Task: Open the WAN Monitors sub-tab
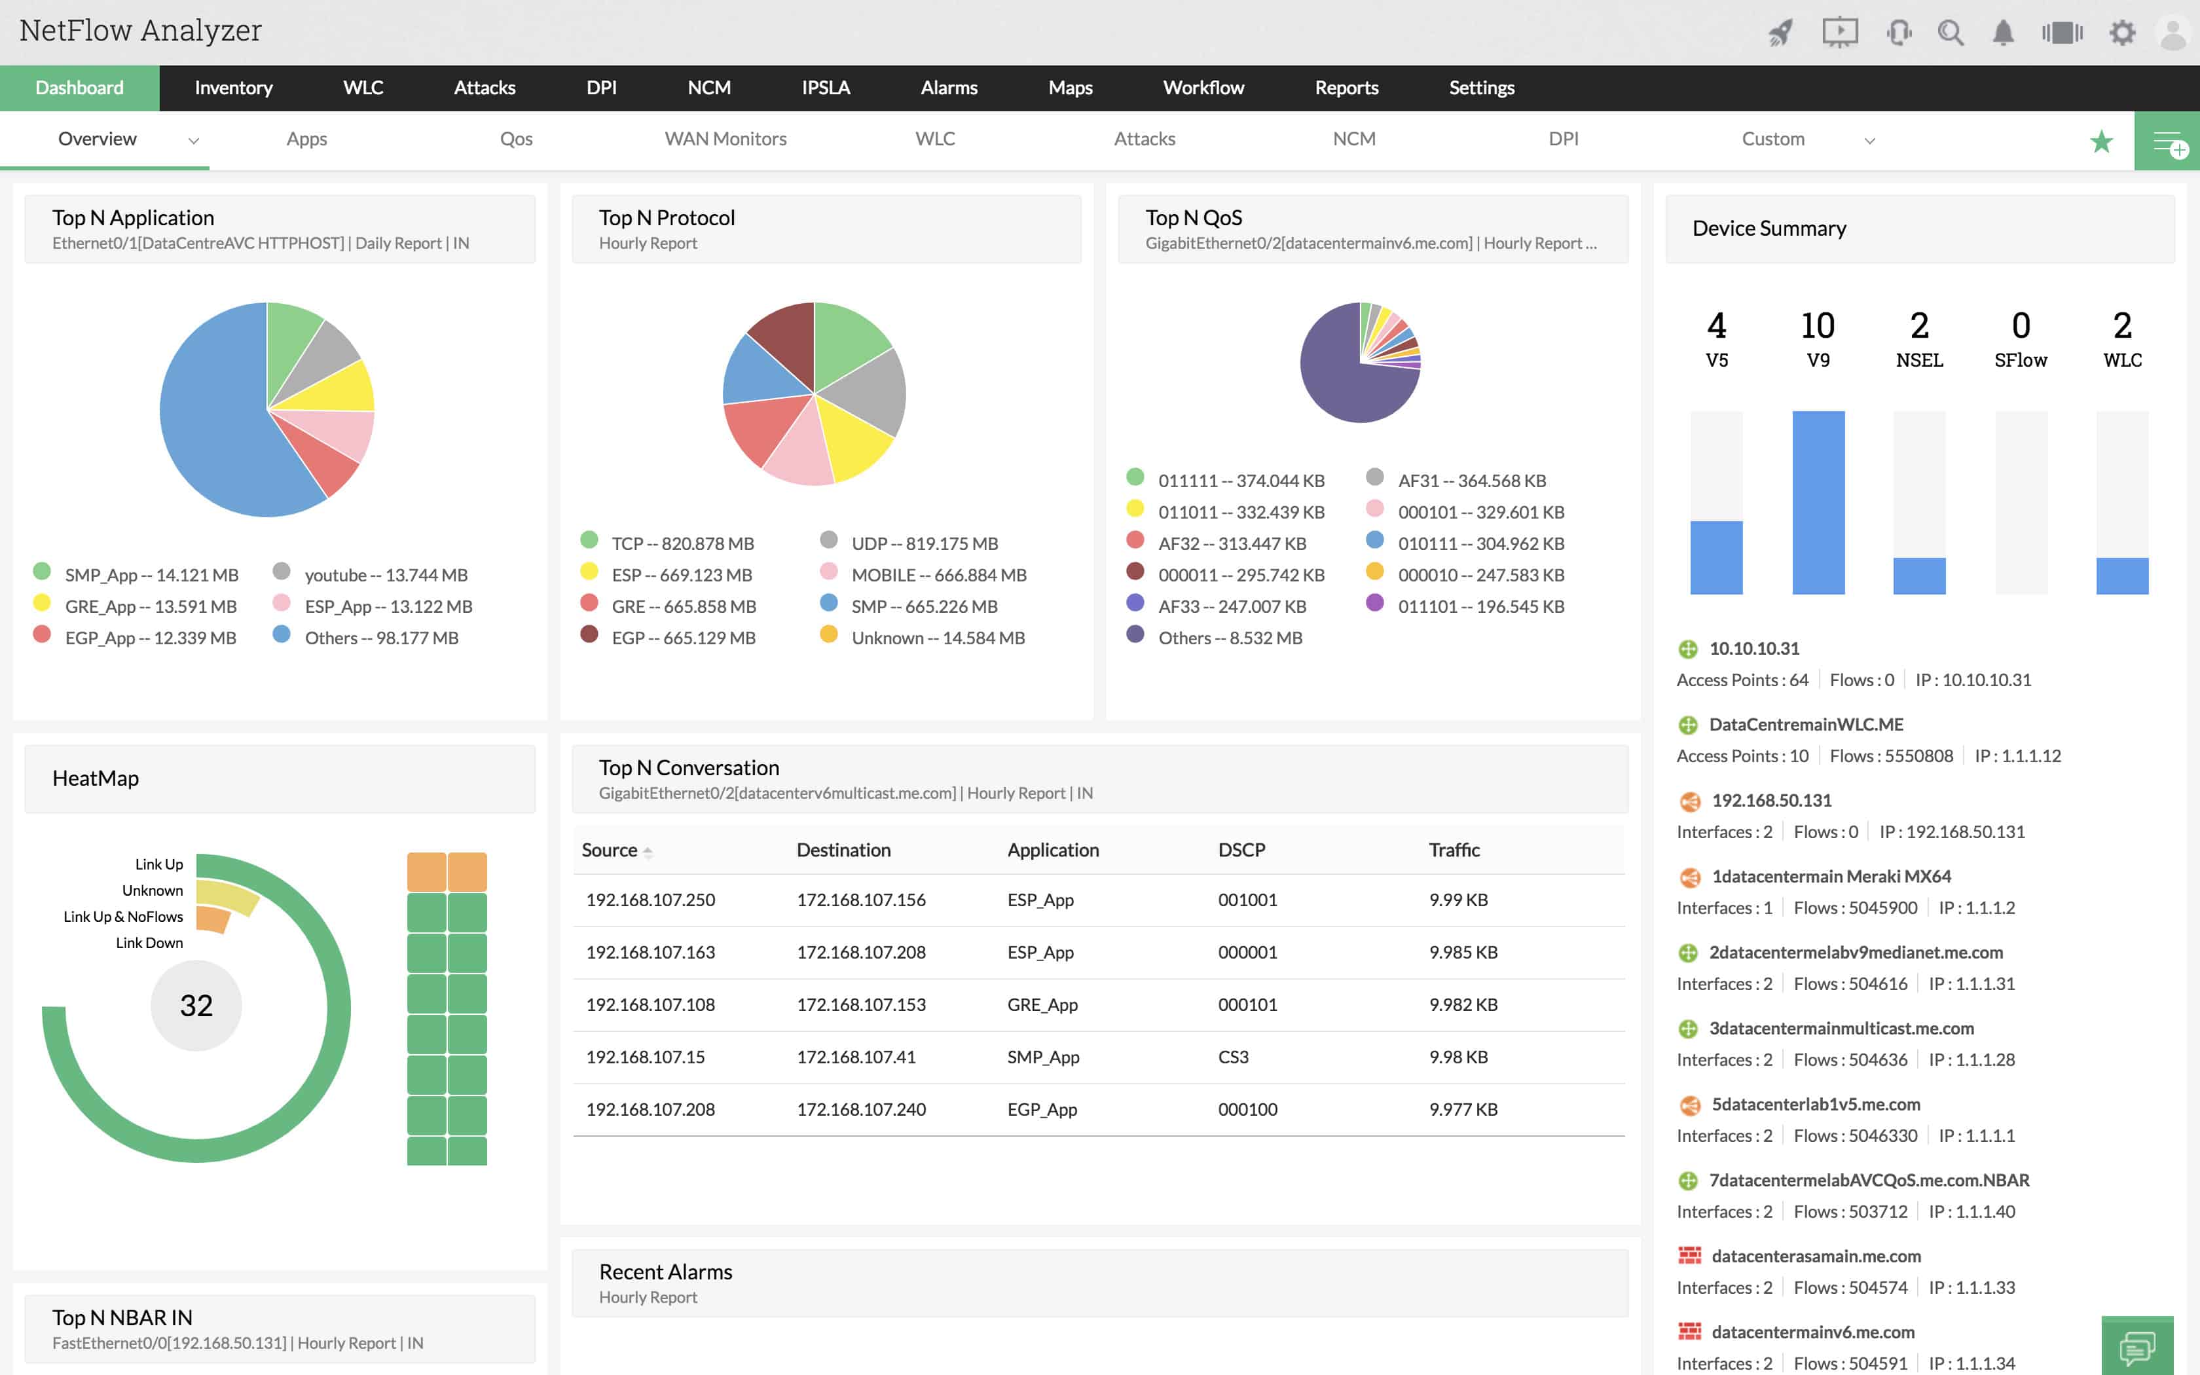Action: tap(725, 139)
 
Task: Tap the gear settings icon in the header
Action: tap(2122, 33)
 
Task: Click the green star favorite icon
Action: tap(2101, 142)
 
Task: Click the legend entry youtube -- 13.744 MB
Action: tap(386, 575)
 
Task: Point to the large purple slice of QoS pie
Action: tap(1346, 382)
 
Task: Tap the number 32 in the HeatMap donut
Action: tap(196, 1005)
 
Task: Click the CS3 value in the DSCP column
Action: tap(1233, 1057)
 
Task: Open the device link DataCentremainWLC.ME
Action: tap(1805, 725)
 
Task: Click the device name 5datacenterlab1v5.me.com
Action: tap(1816, 1104)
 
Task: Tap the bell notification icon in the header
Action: tap(2003, 33)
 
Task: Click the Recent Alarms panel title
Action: tap(665, 1272)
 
